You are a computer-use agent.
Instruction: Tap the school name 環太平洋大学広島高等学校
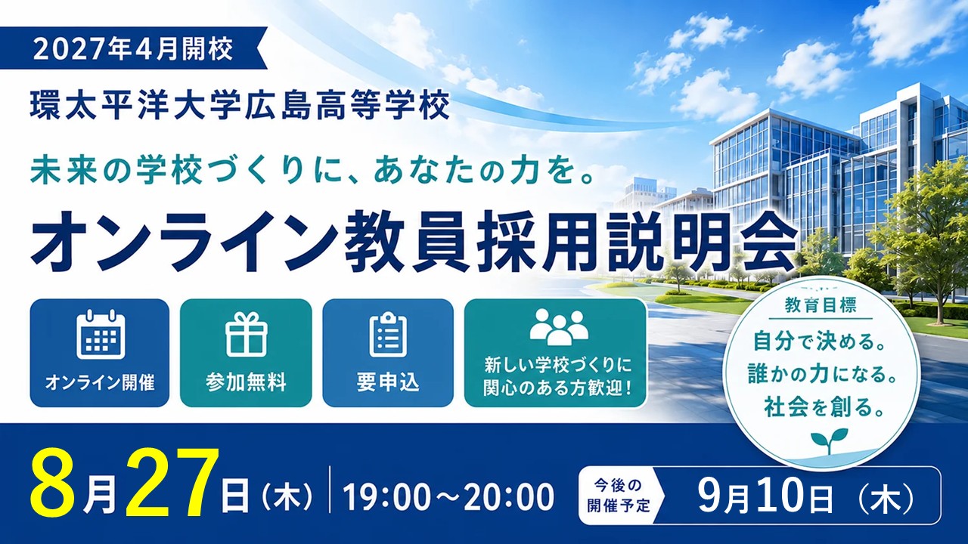tap(240, 105)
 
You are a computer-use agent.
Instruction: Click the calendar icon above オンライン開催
tap(101, 334)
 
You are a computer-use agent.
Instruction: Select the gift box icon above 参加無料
tap(247, 334)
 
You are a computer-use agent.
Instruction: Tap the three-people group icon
tap(559, 327)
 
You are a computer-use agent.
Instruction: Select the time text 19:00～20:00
tap(449, 497)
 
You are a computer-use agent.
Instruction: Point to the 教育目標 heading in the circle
tap(821, 307)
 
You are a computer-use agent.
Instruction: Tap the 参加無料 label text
tap(246, 382)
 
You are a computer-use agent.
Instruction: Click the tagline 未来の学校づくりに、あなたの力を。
tap(312, 172)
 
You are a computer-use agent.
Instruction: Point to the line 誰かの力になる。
tap(822, 374)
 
